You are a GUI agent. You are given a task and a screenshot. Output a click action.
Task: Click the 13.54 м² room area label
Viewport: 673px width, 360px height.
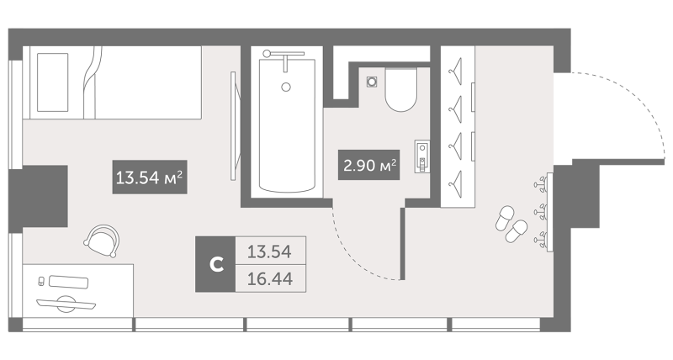point(150,177)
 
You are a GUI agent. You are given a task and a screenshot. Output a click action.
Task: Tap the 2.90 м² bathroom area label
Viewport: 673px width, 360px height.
point(369,165)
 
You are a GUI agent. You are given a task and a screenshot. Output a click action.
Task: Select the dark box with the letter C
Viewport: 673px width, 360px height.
point(215,264)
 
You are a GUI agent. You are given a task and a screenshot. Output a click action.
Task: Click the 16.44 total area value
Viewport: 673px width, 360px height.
point(270,279)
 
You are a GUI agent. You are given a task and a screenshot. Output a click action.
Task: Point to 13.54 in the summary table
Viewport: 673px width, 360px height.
point(269,251)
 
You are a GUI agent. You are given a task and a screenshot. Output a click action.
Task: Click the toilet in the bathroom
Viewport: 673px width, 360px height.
point(401,90)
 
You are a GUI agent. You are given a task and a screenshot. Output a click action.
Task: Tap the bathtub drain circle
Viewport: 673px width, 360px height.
point(286,87)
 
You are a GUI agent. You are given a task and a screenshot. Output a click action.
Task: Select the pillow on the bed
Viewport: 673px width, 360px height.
point(52,82)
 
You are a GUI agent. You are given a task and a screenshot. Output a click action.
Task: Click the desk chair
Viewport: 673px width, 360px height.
point(102,241)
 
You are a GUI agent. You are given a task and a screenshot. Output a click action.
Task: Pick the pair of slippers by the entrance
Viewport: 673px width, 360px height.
point(511,224)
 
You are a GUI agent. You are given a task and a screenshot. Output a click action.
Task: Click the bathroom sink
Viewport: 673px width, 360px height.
point(422,156)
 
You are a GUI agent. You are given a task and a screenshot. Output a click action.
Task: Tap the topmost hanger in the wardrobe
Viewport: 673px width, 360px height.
point(456,67)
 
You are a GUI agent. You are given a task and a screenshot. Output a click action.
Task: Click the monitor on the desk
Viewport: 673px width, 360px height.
point(66,304)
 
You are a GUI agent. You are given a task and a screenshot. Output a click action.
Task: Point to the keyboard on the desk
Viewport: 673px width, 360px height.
point(69,282)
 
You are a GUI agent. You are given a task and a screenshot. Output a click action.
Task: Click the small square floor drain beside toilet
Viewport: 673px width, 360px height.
point(372,81)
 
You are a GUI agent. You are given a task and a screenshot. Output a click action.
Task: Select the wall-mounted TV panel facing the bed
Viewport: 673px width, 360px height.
point(234,125)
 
